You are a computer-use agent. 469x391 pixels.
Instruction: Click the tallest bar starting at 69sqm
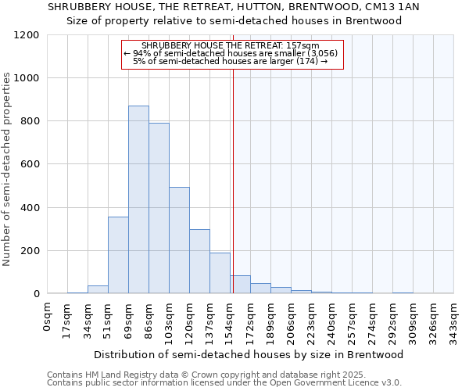[138, 199]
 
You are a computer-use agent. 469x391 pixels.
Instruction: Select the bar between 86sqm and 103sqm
[159, 208]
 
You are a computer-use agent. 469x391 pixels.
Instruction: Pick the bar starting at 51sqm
[118, 255]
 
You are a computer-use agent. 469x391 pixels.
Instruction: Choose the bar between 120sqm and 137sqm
[199, 261]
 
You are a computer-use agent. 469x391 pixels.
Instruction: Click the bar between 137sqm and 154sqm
[220, 273]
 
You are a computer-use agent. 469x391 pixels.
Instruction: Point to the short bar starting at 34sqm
[98, 289]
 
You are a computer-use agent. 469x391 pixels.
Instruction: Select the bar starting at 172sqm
[260, 288]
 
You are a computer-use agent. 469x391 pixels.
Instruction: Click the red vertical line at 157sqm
[233, 180]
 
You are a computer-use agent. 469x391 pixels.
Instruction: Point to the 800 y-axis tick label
[30, 121]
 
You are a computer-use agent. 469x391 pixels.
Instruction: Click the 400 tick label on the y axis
[30, 208]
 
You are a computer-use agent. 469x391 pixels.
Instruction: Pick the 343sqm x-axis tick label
[453, 317]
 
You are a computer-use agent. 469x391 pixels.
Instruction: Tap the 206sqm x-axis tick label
[291, 317]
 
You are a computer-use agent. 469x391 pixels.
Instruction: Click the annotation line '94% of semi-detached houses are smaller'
[232, 53]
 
